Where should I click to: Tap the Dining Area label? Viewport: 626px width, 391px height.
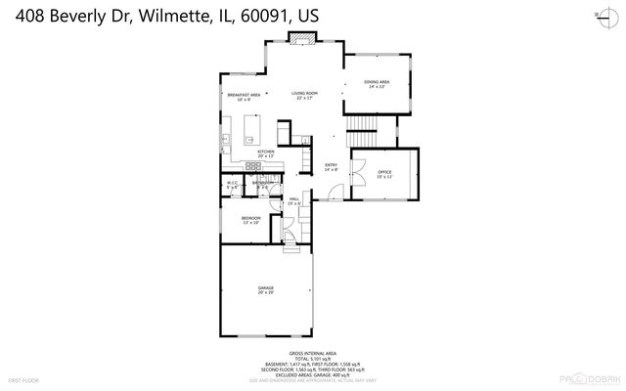click(x=377, y=84)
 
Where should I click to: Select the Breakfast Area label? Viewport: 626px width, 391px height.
click(x=244, y=95)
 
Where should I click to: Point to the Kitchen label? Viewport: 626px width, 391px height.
click(x=265, y=153)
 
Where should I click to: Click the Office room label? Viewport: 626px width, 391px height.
click(x=385, y=173)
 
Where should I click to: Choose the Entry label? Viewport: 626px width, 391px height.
click(x=331, y=166)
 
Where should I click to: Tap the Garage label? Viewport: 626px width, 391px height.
click(x=265, y=289)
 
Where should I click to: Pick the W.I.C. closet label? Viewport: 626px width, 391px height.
click(x=233, y=183)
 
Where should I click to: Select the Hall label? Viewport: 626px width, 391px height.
click(x=293, y=199)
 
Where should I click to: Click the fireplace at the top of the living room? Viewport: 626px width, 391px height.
click(x=303, y=38)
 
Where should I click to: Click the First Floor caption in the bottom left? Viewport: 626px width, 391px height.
click(x=22, y=379)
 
